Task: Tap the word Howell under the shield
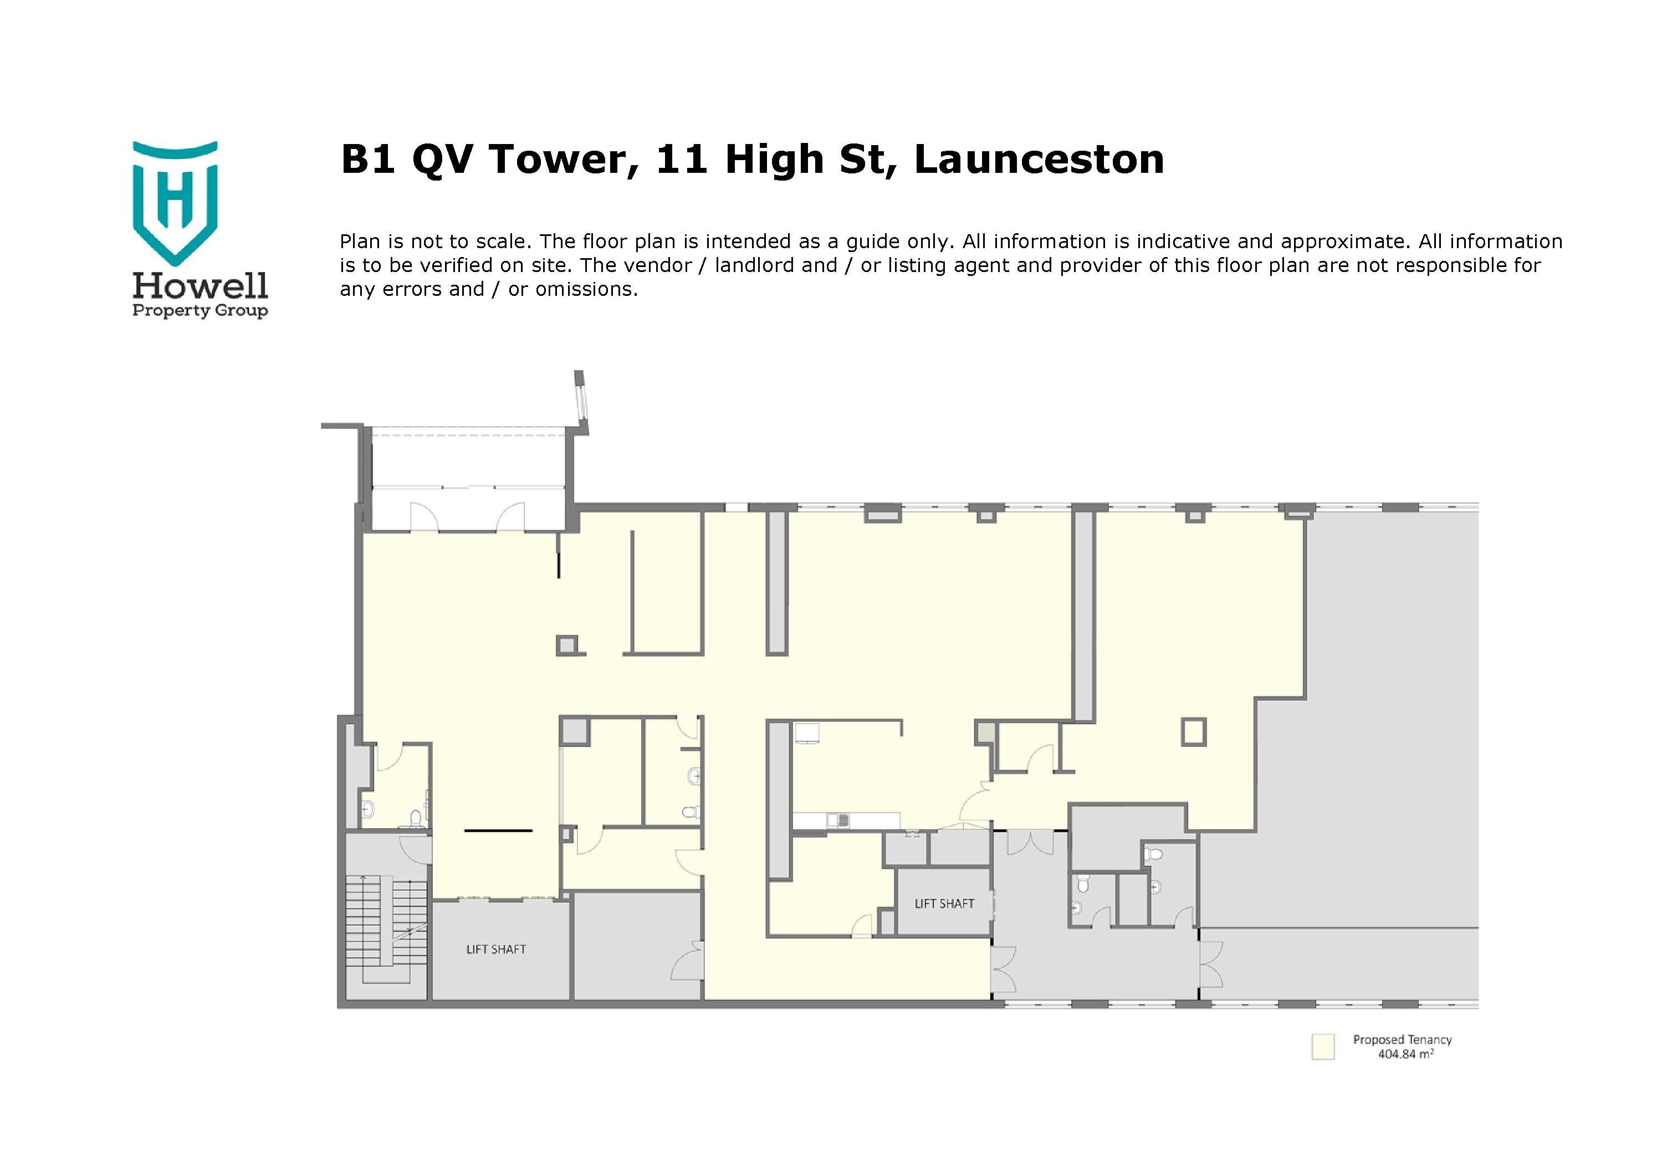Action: pyautogui.click(x=201, y=286)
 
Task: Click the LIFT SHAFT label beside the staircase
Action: pyautogui.click(x=496, y=950)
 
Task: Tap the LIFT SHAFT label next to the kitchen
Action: pyautogui.click(x=944, y=904)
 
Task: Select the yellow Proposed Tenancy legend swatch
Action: pyautogui.click(x=1322, y=1047)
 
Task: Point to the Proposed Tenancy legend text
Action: pyautogui.click(x=1402, y=1040)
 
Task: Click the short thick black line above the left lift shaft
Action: pyautogui.click(x=498, y=830)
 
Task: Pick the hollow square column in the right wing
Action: pyautogui.click(x=1194, y=731)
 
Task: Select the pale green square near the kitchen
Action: pyautogui.click(x=984, y=732)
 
